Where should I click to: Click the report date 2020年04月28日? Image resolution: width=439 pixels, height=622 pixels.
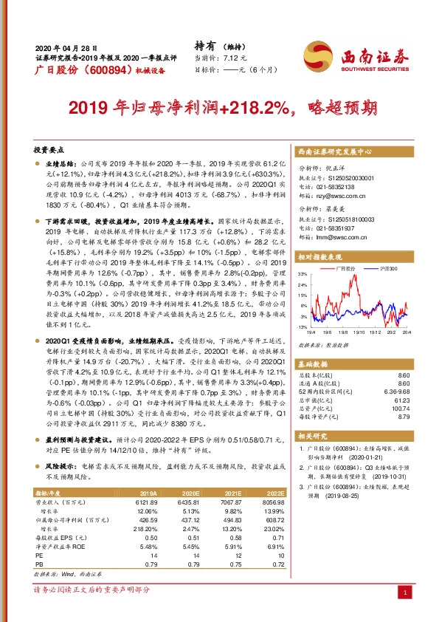point(66,47)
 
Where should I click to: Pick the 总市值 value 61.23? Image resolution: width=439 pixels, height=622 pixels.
point(400,400)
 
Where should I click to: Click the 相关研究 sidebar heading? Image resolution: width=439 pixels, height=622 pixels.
point(312,436)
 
